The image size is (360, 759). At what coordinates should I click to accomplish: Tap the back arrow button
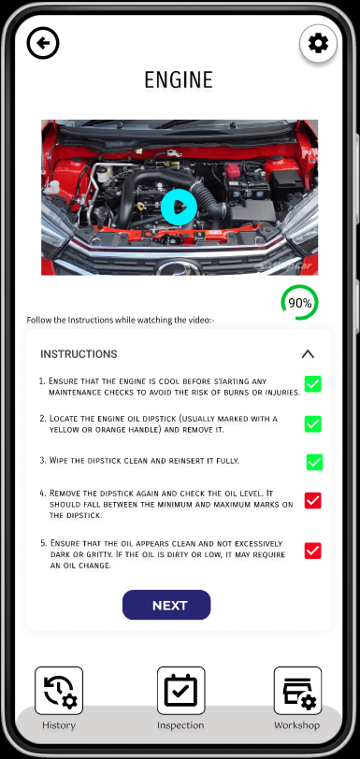pyautogui.click(x=43, y=44)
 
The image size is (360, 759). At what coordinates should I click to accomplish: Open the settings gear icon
pyautogui.click(x=318, y=44)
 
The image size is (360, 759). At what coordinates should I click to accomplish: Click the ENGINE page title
pyautogui.click(x=179, y=79)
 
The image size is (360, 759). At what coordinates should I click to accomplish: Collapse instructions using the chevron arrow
pyautogui.click(x=308, y=354)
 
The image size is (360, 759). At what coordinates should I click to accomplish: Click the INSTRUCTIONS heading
pyautogui.click(x=79, y=354)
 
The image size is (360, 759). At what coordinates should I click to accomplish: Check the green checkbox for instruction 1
pyautogui.click(x=313, y=384)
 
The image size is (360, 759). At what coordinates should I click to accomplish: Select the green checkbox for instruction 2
pyautogui.click(x=313, y=424)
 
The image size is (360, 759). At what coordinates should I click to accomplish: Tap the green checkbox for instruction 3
pyautogui.click(x=314, y=463)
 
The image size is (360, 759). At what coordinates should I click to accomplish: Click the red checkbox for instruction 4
pyautogui.click(x=313, y=500)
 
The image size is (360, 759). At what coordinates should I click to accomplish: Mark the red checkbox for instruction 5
pyautogui.click(x=313, y=551)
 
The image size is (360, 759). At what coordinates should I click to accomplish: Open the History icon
pyautogui.click(x=59, y=691)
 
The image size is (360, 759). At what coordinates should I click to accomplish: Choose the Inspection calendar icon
pyautogui.click(x=180, y=691)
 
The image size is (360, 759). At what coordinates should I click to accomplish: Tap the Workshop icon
pyautogui.click(x=297, y=691)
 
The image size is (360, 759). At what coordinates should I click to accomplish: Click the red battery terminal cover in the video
pyautogui.click(x=233, y=170)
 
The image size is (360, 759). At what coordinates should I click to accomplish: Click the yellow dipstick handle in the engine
pyautogui.click(x=141, y=207)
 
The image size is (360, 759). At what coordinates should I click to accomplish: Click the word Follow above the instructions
pyautogui.click(x=37, y=320)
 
